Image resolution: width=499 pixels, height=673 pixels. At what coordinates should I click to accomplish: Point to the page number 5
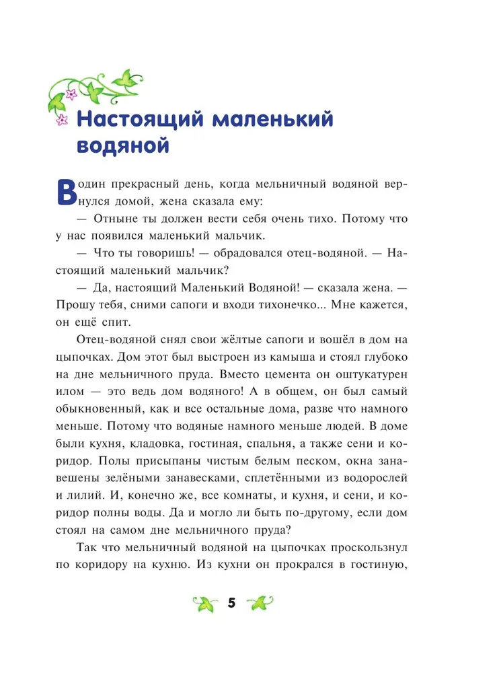[x=232, y=603]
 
